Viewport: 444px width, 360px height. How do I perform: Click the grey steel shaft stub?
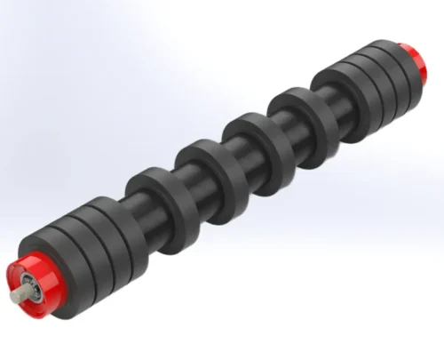click(x=19, y=297)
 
